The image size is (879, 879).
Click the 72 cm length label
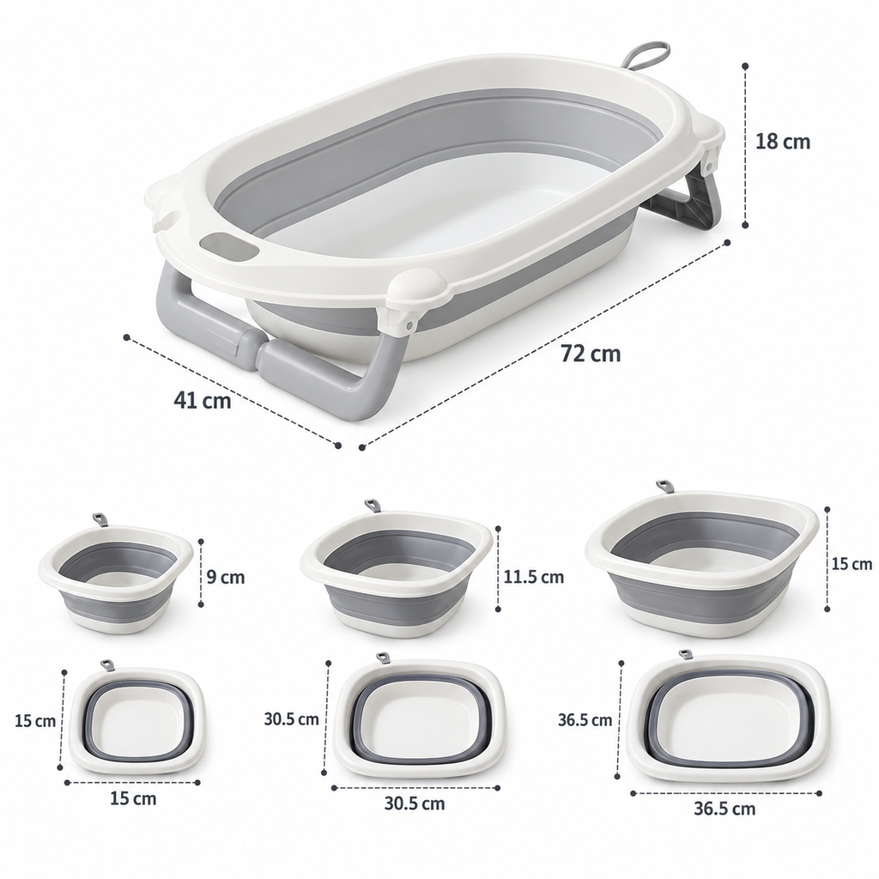click(x=591, y=354)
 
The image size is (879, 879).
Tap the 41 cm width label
click(x=203, y=400)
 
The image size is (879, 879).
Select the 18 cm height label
click(x=783, y=142)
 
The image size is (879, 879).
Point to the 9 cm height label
click(x=226, y=577)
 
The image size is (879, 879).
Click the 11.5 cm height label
click(x=534, y=577)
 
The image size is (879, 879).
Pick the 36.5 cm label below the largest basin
click(x=724, y=809)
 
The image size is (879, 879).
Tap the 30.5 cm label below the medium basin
click(x=415, y=803)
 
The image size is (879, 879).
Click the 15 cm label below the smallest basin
click(x=133, y=797)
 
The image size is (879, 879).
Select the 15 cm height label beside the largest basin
click(x=852, y=563)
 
